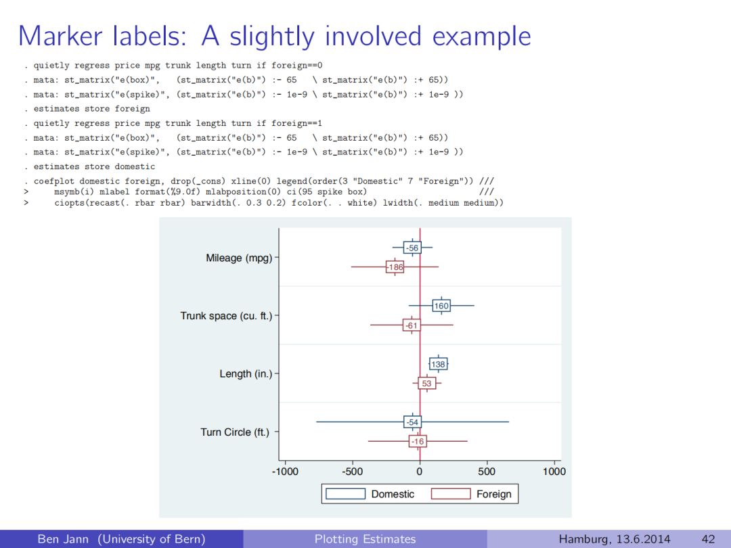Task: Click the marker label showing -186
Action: (x=395, y=267)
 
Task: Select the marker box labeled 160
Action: (x=441, y=306)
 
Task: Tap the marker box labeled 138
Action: (x=438, y=364)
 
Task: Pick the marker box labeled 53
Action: (x=426, y=384)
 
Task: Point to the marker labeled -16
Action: (x=418, y=442)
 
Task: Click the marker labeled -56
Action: (x=412, y=248)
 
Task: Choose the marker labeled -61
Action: (x=411, y=325)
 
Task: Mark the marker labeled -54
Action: (x=412, y=422)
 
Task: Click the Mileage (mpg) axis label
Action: (x=239, y=258)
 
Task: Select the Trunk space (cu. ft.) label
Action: (x=226, y=316)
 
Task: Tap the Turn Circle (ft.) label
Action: (x=234, y=432)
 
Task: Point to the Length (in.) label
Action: (x=246, y=373)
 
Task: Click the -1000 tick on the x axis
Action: (x=285, y=472)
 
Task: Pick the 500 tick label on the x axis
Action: (x=486, y=472)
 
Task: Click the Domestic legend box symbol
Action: (x=345, y=494)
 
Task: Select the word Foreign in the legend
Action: (x=493, y=494)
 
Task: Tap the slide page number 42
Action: (x=708, y=539)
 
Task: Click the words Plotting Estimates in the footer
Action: (x=365, y=539)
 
